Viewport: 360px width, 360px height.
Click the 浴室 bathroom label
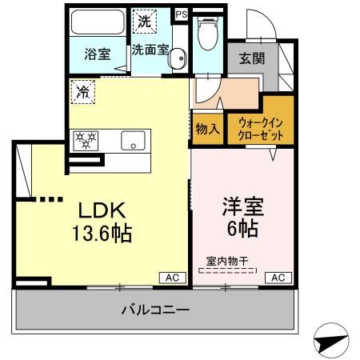pyautogui.click(x=98, y=56)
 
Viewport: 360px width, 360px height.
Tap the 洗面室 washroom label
pyautogui.click(x=150, y=49)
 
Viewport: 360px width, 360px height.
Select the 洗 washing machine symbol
pyautogui.click(x=143, y=22)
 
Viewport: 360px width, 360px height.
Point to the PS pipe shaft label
pyautogui.click(x=181, y=13)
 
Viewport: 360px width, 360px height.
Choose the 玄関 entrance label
pyautogui.click(x=252, y=58)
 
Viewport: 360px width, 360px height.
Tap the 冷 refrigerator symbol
pyautogui.click(x=82, y=91)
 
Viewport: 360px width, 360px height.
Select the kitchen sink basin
pyautogui.click(x=130, y=142)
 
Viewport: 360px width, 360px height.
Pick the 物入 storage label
pyautogui.click(x=206, y=128)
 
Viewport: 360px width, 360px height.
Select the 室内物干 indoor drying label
pyautogui.click(x=226, y=260)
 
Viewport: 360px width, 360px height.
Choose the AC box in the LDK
pyautogui.click(x=170, y=277)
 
